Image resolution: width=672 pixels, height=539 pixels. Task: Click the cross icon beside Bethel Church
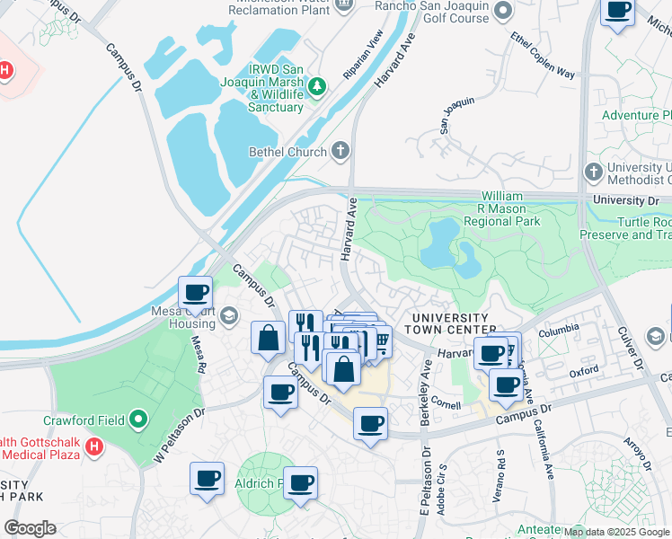(x=340, y=151)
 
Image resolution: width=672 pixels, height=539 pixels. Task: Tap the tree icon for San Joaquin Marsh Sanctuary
(x=316, y=86)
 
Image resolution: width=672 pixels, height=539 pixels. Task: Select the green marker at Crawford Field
(x=138, y=419)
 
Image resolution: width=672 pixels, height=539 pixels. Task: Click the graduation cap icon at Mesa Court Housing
(x=229, y=314)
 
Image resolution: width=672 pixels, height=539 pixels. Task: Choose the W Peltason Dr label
(x=179, y=437)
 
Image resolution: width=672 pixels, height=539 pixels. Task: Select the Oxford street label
(x=583, y=369)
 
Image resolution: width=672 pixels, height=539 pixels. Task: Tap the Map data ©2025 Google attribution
(x=616, y=532)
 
